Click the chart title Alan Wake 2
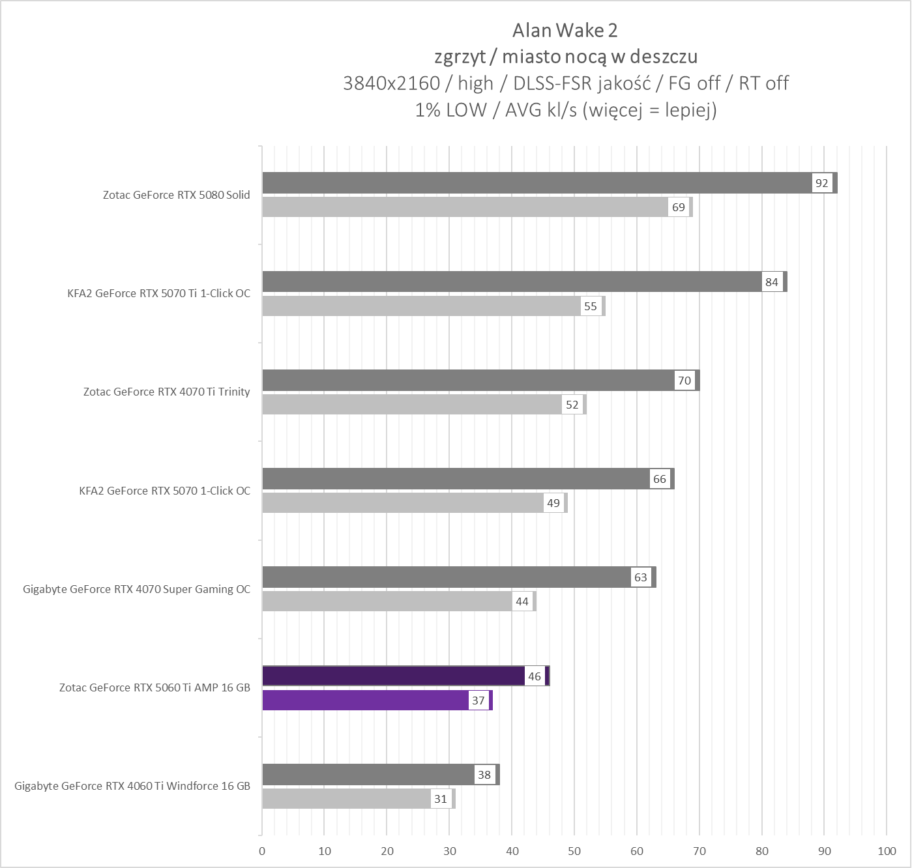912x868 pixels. (565, 31)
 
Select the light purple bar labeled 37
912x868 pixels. (365, 701)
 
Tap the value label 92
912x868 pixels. (821, 183)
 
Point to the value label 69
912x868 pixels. (679, 207)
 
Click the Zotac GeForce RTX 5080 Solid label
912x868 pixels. (176, 195)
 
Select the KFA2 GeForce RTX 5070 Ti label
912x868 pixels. (158, 293)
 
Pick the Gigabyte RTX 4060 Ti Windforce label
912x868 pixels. (132, 786)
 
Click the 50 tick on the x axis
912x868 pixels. (574, 851)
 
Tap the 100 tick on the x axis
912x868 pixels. (887, 851)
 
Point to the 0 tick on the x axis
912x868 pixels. (262, 851)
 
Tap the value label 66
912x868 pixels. (660, 479)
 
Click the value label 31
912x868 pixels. (441, 799)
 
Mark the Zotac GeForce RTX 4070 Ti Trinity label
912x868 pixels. (166, 392)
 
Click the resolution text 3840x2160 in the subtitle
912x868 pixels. (391, 83)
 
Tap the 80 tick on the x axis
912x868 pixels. (761, 851)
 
